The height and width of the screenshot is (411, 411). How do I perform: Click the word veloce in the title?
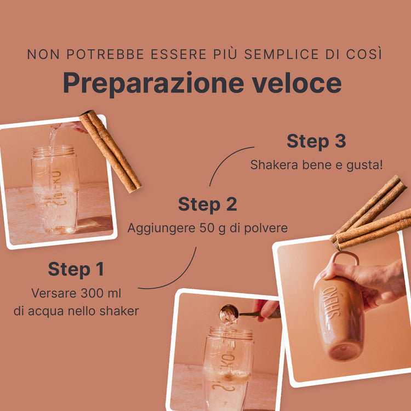click(296, 83)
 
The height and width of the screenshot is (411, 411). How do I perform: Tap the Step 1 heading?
click(76, 270)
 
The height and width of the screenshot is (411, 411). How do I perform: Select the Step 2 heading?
click(208, 204)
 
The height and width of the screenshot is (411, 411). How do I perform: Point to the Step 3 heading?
click(316, 141)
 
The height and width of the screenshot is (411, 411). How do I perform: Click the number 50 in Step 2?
click(206, 228)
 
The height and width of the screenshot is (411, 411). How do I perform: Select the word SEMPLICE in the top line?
click(281, 54)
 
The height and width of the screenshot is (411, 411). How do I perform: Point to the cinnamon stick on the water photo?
click(110, 151)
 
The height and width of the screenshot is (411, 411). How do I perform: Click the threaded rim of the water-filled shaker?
click(54, 151)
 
